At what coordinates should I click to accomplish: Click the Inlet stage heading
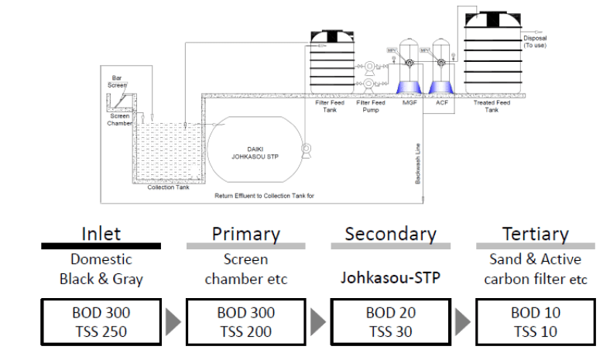pos(101,232)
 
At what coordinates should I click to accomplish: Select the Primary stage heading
pos(245,232)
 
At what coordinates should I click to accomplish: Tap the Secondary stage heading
pos(390,232)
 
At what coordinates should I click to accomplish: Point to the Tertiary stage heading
pos(534,232)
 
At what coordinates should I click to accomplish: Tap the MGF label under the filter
pos(410,101)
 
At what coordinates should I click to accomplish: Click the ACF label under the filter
pos(442,101)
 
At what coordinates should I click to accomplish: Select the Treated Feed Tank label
pos(492,105)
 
